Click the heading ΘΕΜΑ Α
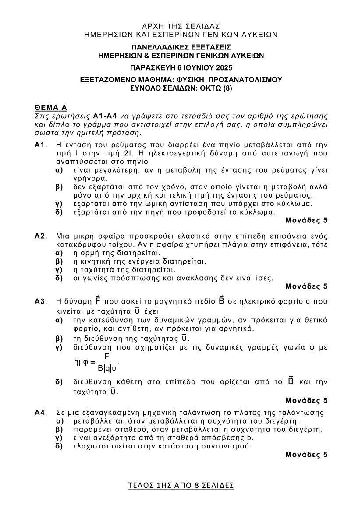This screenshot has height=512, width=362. (x=50, y=108)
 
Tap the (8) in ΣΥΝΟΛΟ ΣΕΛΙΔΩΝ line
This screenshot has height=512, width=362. (x=227, y=88)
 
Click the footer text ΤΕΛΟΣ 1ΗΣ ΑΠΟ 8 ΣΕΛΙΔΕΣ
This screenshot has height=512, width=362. (x=181, y=485)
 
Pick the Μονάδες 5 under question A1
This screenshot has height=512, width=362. (x=306, y=220)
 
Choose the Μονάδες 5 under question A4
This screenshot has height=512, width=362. (x=306, y=455)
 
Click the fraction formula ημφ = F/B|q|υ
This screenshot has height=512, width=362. (x=97, y=362)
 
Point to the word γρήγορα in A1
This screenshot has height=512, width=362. (x=90, y=178)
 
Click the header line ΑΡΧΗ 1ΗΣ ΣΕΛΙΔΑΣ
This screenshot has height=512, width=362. (x=181, y=26)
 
